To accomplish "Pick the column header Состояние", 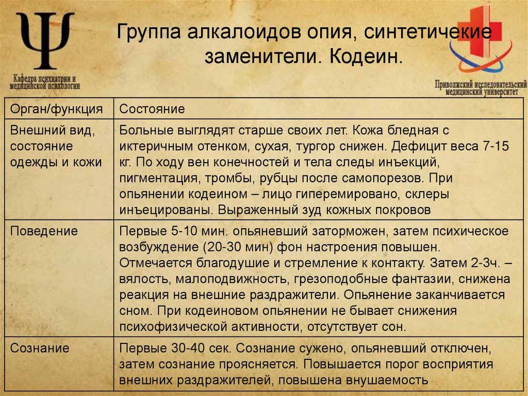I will click(152, 109).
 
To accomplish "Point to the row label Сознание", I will click(40, 347).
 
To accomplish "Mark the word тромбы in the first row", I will click(233, 178).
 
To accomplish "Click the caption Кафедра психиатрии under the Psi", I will click(45, 79).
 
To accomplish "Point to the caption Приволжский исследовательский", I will click(480, 84).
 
